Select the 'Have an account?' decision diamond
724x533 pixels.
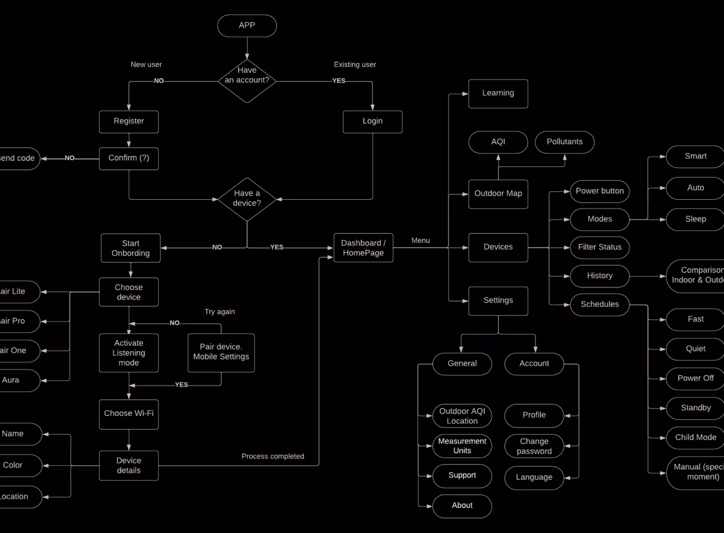pos(247,81)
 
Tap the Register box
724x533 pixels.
pos(129,122)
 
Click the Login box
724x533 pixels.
pos(372,122)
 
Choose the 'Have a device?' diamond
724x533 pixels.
pos(247,199)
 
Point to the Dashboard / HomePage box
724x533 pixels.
pos(363,248)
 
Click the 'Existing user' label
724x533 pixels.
pos(354,65)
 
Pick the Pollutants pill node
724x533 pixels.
pos(565,142)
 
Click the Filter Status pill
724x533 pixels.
pos(600,247)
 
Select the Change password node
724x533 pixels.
pos(534,446)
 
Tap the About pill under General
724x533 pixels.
pos(462,506)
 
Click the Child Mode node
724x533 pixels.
pos(695,437)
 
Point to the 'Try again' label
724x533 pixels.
pos(219,312)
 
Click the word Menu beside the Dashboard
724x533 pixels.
pos(420,240)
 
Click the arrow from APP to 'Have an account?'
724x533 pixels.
pos(247,48)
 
